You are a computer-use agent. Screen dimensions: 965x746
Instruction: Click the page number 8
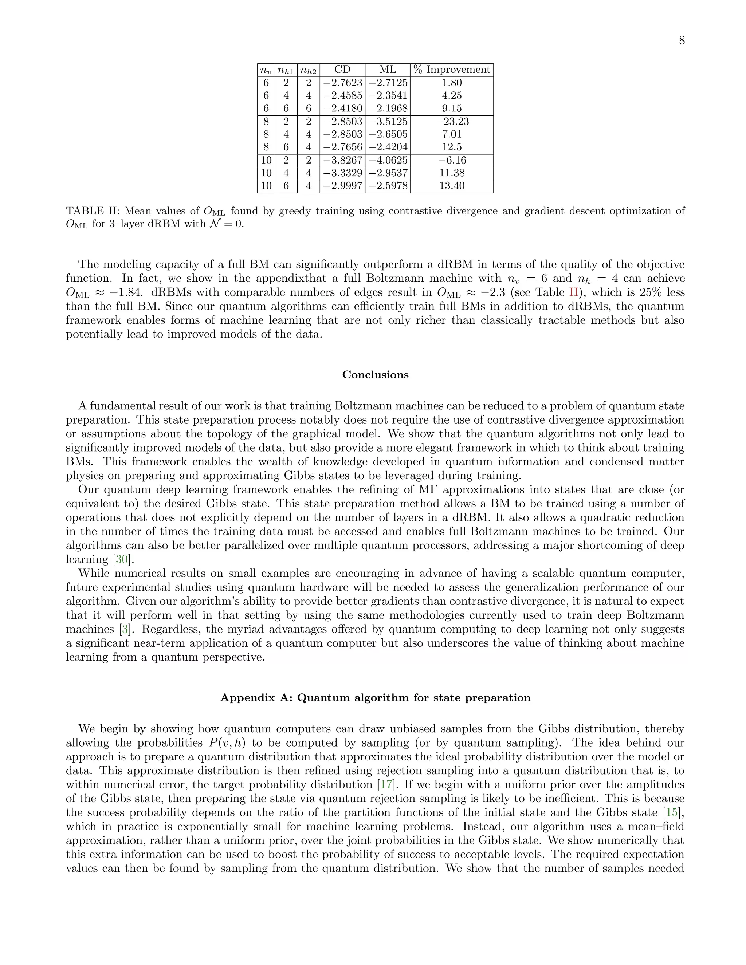coord(682,41)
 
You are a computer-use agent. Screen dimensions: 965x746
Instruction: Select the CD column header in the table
coord(342,70)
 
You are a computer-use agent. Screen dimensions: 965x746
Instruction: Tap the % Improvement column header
coord(452,70)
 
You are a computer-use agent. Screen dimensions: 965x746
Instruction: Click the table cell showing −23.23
coord(452,122)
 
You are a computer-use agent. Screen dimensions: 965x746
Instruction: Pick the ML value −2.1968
coord(388,108)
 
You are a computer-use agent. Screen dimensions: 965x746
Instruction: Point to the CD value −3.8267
coord(342,160)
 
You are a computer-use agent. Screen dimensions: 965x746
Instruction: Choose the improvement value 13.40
coord(452,186)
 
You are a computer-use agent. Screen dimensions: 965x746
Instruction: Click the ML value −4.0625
coord(388,160)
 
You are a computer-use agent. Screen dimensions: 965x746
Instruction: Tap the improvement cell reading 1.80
coord(452,83)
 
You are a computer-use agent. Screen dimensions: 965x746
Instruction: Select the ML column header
coord(388,70)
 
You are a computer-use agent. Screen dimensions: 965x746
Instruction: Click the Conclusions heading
coord(375,375)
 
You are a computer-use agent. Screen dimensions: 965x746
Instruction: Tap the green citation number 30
coord(122,559)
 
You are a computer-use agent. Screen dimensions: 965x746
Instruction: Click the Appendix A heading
coord(375,698)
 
